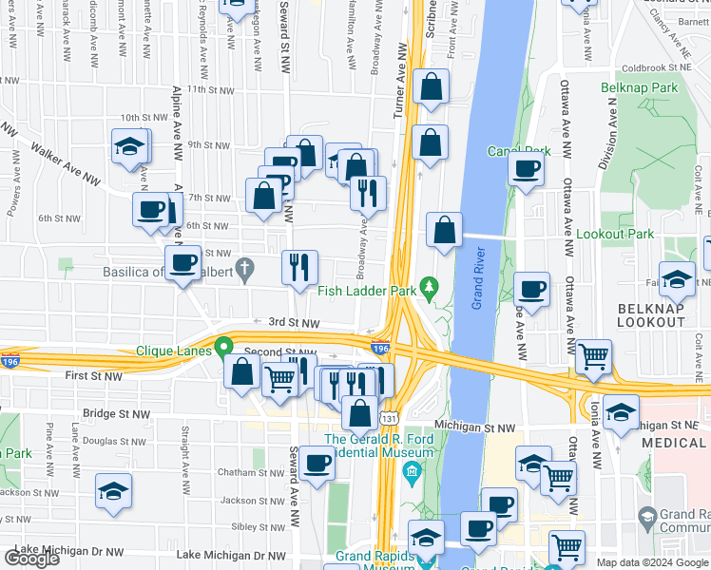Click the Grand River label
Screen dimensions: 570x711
(x=481, y=276)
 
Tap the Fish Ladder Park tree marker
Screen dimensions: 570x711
(x=429, y=284)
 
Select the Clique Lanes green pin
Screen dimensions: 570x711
(x=225, y=348)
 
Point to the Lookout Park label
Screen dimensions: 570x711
(x=616, y=234)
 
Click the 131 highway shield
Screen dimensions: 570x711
(x=388, y=417)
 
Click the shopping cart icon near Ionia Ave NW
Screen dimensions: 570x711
(x=593, y=357)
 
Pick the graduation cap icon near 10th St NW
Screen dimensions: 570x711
(x=129, y=147)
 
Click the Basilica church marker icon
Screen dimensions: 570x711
(x=245, y=270)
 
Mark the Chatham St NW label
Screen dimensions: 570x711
(x=227, y=472)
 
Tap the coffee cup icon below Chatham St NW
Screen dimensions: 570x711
(x=317, y=464)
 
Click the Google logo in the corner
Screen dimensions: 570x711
(x=31, y=559)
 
